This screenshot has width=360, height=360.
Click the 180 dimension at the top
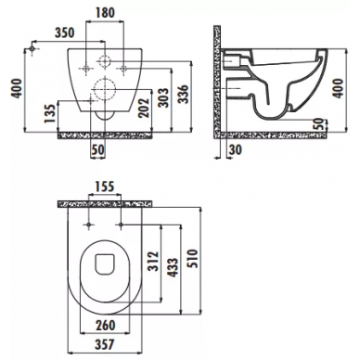[105, 12]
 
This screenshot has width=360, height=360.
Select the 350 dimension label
[65, 32]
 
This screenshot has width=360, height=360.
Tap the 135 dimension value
[50, 113]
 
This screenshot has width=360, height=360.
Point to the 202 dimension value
[143, 108]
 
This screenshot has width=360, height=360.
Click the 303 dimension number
[163, 97]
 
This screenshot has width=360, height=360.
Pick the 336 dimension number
[183, 94]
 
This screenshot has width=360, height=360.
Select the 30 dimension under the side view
[236, 149]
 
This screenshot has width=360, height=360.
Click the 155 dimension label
[105, 186]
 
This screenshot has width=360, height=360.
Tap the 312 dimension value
[153, 262]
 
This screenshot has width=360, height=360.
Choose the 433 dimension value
[173, 267]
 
